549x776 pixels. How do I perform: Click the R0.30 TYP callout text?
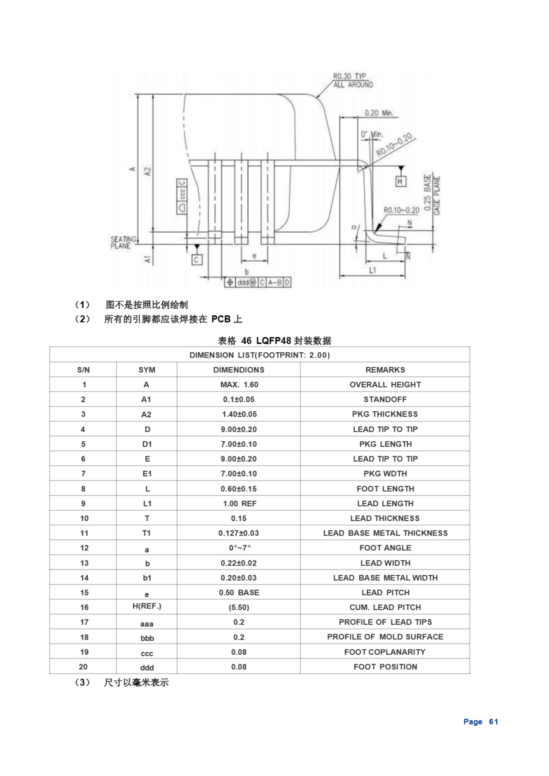(x=349, y=76)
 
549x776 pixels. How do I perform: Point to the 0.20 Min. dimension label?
(x=379, y=113)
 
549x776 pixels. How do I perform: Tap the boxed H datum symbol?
(x=400, y=182)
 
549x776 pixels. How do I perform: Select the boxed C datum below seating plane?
(x=197, y=259)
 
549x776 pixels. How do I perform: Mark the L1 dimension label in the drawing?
(x=372, y=270)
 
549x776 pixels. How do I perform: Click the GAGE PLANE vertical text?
(x=437, y=196)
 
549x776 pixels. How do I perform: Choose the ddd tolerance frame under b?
(x=258, y=282)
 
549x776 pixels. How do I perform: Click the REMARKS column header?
(x=385, y=370)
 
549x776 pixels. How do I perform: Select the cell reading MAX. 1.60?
(x=239, y=385)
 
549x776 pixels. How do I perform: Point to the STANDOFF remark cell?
(x=385, y=399)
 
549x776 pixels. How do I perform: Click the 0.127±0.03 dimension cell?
(x=238, y=533)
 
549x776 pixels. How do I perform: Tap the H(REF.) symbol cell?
(x=147, y=606)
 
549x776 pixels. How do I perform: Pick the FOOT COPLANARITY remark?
(x=385, y=652)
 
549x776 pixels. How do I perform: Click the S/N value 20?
(x=83, y=667)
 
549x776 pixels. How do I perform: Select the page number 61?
(x=493, y=721)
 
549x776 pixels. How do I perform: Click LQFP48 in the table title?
(x=273, y=341)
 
